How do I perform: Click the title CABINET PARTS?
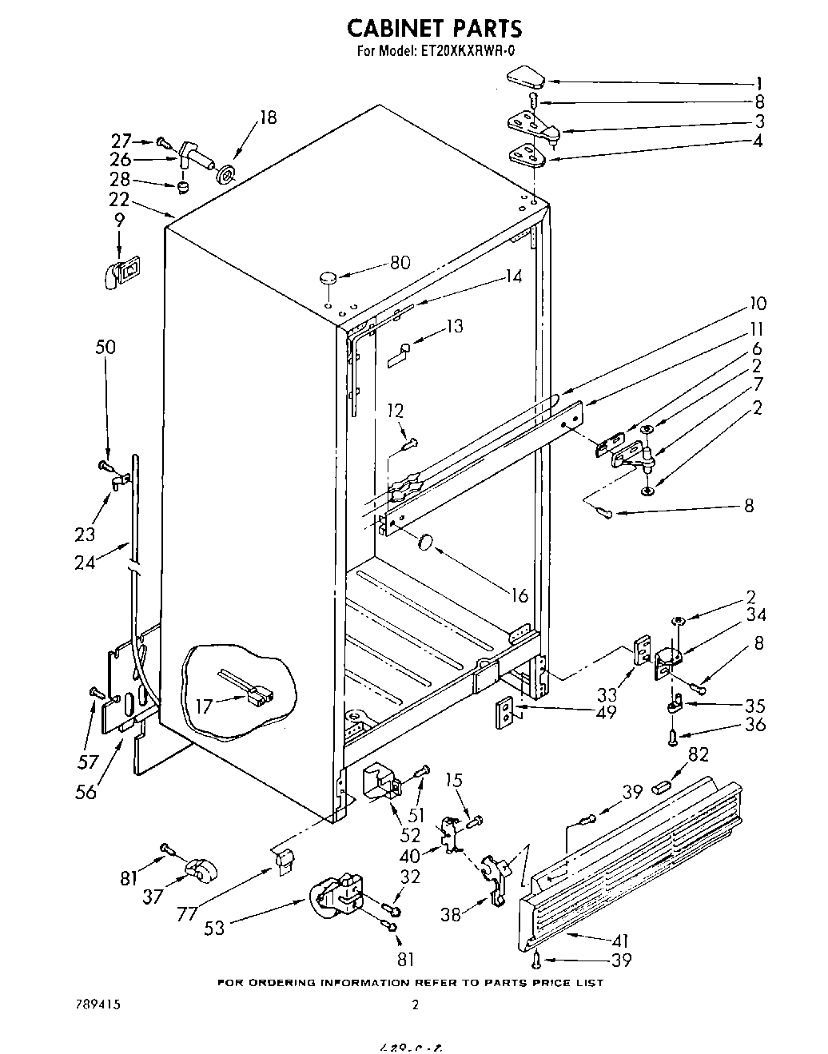click(434, 28)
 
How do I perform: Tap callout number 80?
click(400, 262)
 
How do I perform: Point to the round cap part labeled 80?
click(328, 278)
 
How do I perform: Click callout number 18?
click(267, 117)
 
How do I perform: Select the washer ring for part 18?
click(227, 171)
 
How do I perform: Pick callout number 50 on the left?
click(105, 347)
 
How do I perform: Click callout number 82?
click(699, 754)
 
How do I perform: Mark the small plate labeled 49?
click(505, 711)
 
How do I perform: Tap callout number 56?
click(85, 791)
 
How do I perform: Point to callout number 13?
click(454, 326)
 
